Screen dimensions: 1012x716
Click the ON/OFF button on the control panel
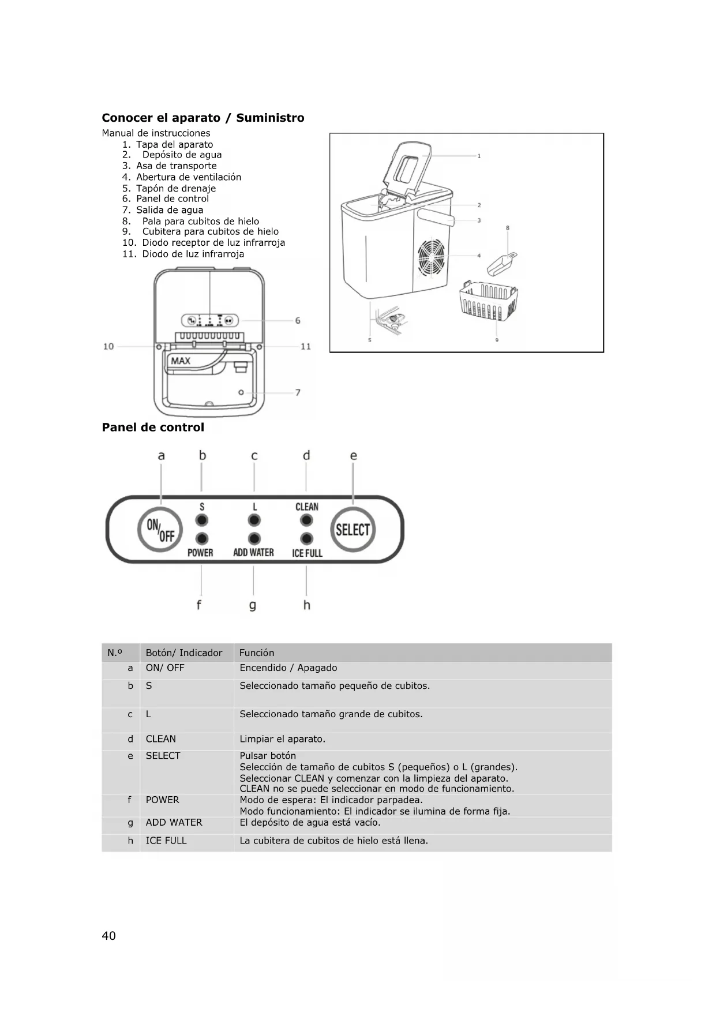point(160,530)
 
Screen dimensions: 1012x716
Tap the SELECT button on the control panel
point(353,530)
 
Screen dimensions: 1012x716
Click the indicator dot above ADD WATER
point(254,539)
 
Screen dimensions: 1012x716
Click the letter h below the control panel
point(306,605)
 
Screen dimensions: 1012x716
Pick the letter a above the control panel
point(161,455)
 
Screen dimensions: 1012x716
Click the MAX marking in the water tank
point(181,361)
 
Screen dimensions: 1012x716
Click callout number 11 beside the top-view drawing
point(306,346)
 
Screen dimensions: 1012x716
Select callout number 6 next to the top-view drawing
point(298,320)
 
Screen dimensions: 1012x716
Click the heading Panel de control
point(153,428)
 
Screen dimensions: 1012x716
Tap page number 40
point(108,936)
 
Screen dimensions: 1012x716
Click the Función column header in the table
point(257,653)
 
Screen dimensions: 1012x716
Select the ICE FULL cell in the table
point(166,841)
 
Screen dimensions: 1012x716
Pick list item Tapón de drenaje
point(175,188)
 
